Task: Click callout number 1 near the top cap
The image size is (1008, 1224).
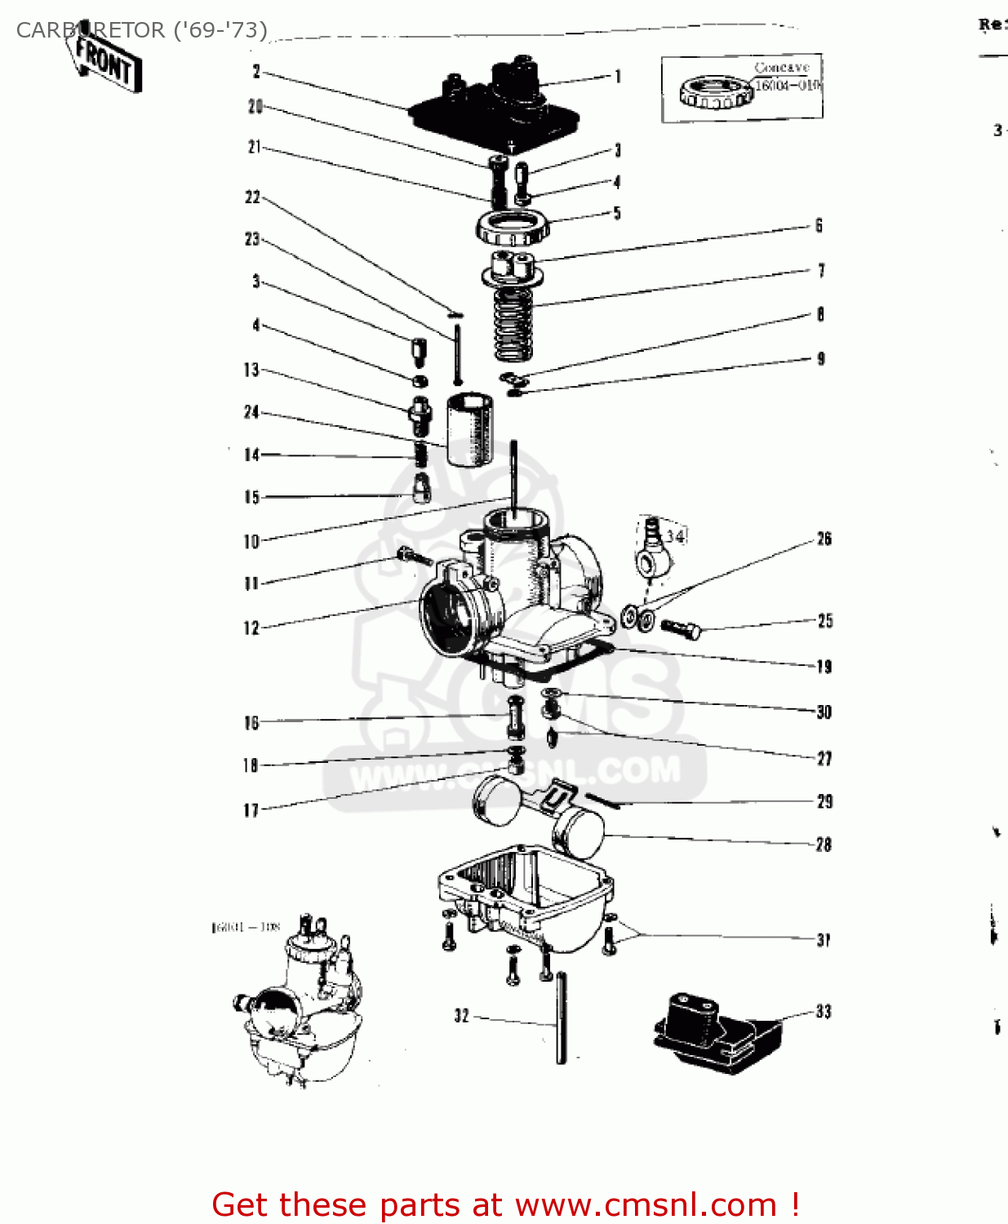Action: tap(618, 76)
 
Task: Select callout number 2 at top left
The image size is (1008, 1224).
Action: tap(256, 72)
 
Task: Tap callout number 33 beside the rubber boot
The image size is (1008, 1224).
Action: tap(824, 1012)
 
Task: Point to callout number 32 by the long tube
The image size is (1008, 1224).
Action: tap(462, 1016)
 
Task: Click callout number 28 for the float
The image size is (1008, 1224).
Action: tap(824, 845)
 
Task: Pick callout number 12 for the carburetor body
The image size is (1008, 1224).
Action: tap(251, 628)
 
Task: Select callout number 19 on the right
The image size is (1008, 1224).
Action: tap(824, 667)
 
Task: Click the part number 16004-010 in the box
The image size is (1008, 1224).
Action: tap(786, 86)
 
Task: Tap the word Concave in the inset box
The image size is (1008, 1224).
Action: tap(781, 68)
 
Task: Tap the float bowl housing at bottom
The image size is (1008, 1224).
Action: tap(526, 894)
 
